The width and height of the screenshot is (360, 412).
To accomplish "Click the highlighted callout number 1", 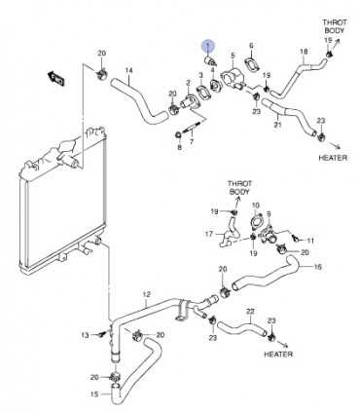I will [x=206, y=46].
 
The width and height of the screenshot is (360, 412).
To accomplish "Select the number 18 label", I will [x=304, y=51].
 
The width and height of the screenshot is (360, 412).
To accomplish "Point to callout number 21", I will [x=277, y=126].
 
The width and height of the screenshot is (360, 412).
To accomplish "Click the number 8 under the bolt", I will [x=179, y=147].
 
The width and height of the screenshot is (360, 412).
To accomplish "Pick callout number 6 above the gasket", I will [x=251, y=46].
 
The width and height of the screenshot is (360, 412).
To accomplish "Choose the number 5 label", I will [x=233, y=56].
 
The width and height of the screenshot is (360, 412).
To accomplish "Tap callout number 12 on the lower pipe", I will [x=146, y=294].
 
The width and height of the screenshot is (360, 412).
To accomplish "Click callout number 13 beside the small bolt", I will [x=85, y=334].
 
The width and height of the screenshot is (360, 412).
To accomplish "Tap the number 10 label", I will [x=256, y=206].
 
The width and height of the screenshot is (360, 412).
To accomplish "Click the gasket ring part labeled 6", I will [x=253, y=66].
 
